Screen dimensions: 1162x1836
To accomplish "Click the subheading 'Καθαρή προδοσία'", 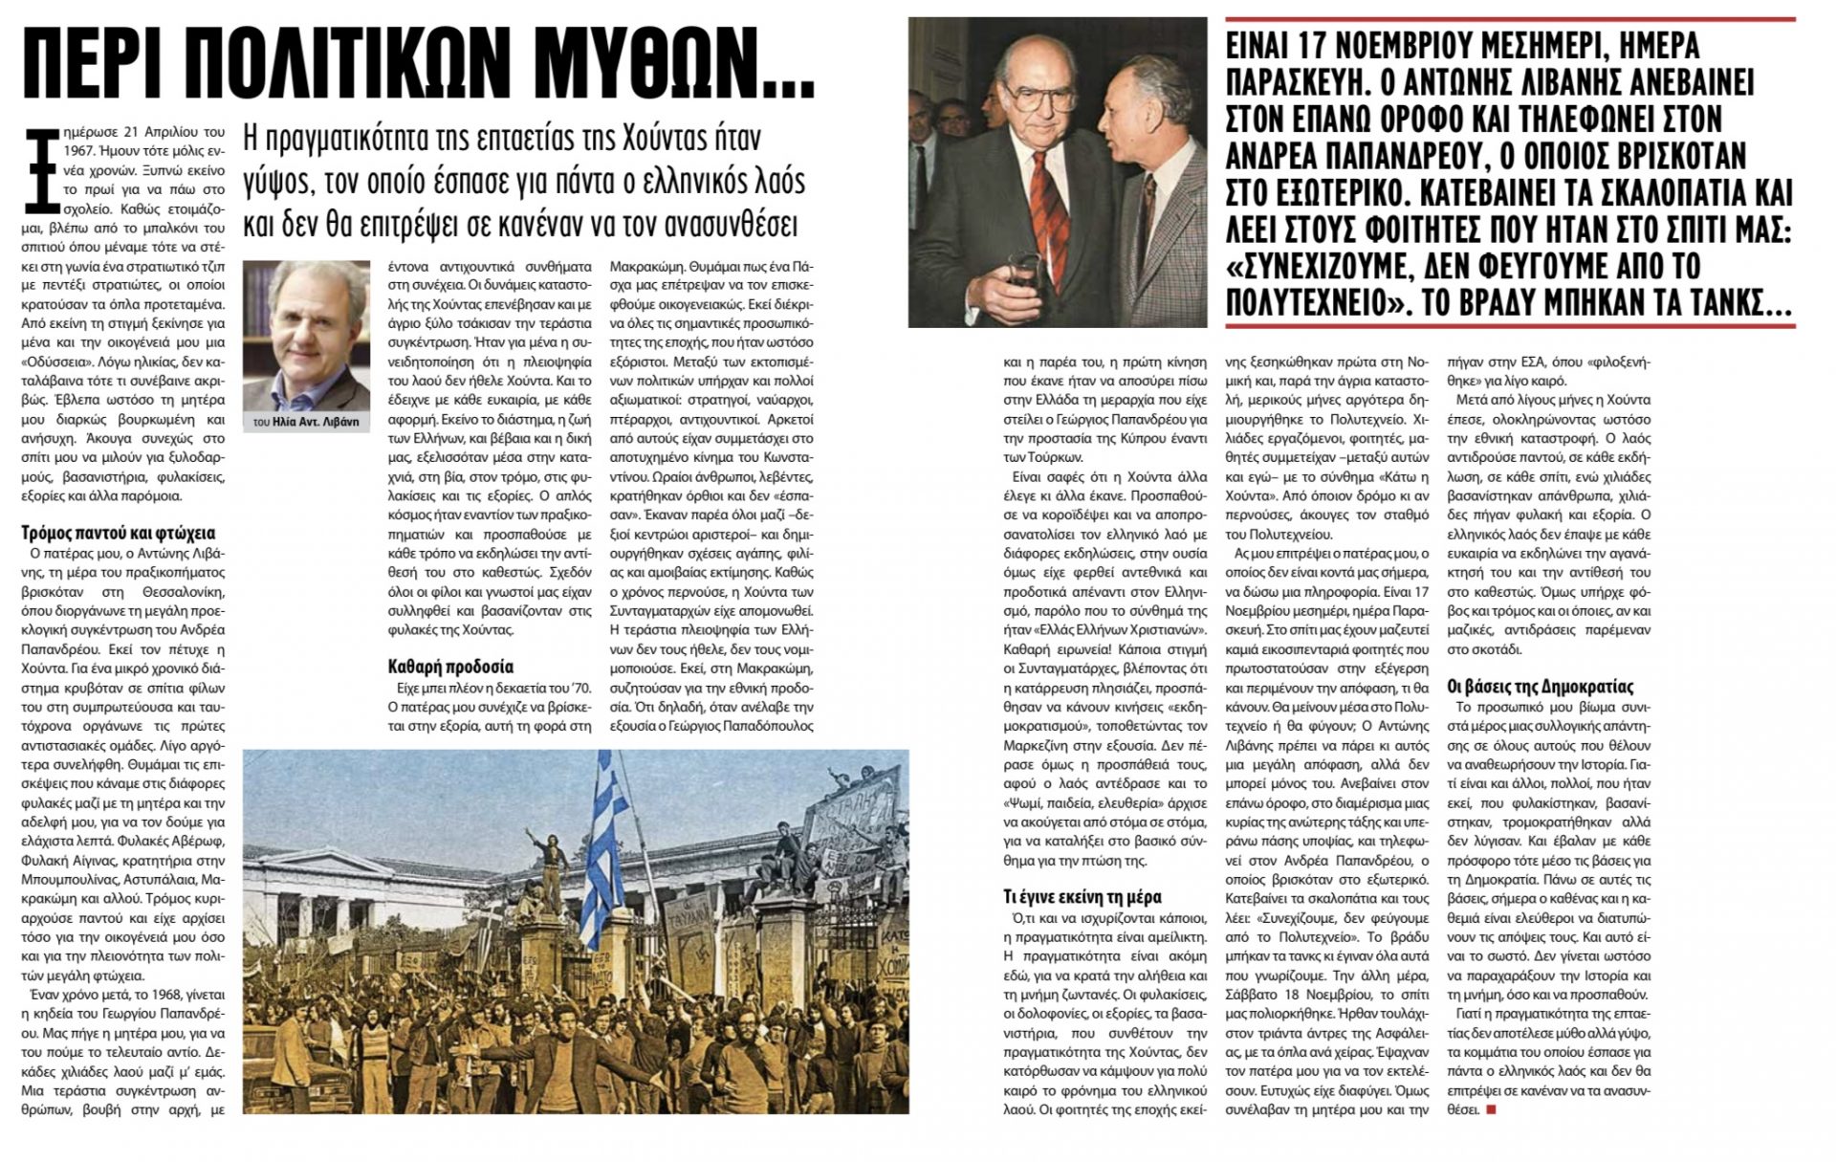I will (x=451, y=667).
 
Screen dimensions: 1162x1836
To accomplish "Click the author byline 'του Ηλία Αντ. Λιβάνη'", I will (x=306, y=422).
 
